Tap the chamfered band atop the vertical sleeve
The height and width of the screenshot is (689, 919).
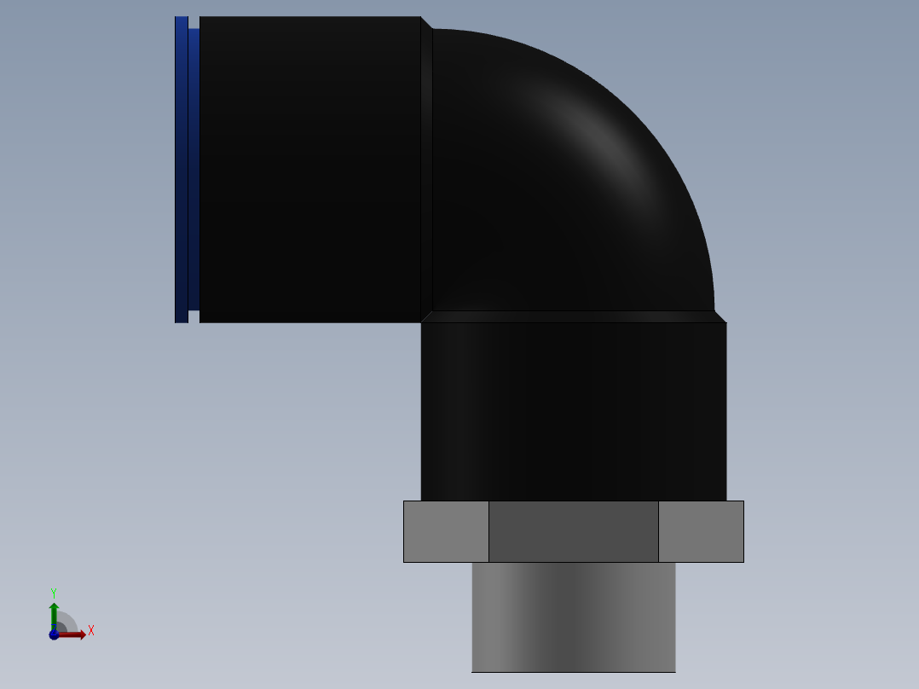pyautogui.click(x=573, y=316)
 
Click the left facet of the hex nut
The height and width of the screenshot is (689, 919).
pyautogui.click(x=446, y=531)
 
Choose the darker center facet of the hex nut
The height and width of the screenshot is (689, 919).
pyautogui.click(x=573, y=531)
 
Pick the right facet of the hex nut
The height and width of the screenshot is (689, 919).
pyautogui.click(x=701, y=531)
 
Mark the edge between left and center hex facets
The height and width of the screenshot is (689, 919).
pyautogui.click(x=488, y=531)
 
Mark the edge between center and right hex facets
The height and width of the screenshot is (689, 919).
pyautogui.click(x=658, y=531)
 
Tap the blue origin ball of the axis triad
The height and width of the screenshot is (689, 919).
pyautogui.click(x=54, y=634)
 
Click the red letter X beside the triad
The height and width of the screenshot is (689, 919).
pyautogui.click(x=90, y=631)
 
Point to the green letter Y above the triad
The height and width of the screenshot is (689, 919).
pyautogui.click(x=54, y=593)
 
